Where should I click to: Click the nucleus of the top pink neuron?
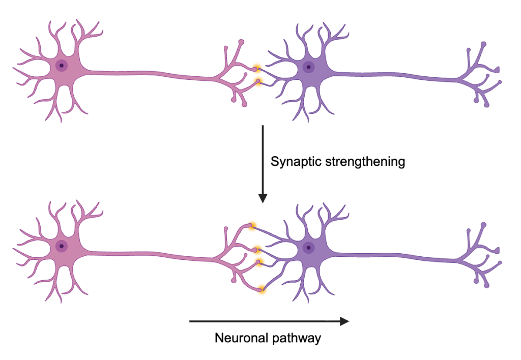[62, 66]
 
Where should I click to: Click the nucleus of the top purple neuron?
[309, 67]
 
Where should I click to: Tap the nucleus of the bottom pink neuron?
[62, 246]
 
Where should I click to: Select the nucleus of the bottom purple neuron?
[309, 248]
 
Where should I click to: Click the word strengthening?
[365, 162]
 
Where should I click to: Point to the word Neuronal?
[242, 338]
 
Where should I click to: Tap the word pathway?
[297, 339]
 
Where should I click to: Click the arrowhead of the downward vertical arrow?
[263, 198]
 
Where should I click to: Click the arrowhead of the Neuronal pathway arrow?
[344, 321]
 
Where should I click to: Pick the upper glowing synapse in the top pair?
[256, 69]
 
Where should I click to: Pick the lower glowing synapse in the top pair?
[258, 81]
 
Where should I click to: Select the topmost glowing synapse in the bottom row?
[252, 226]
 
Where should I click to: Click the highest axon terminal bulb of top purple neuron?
[484, 44]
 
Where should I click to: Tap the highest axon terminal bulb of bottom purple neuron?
[484, 225]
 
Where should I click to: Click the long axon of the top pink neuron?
[150, 74]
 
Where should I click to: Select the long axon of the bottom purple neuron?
[395, 256]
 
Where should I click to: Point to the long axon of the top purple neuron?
[395, 76]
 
